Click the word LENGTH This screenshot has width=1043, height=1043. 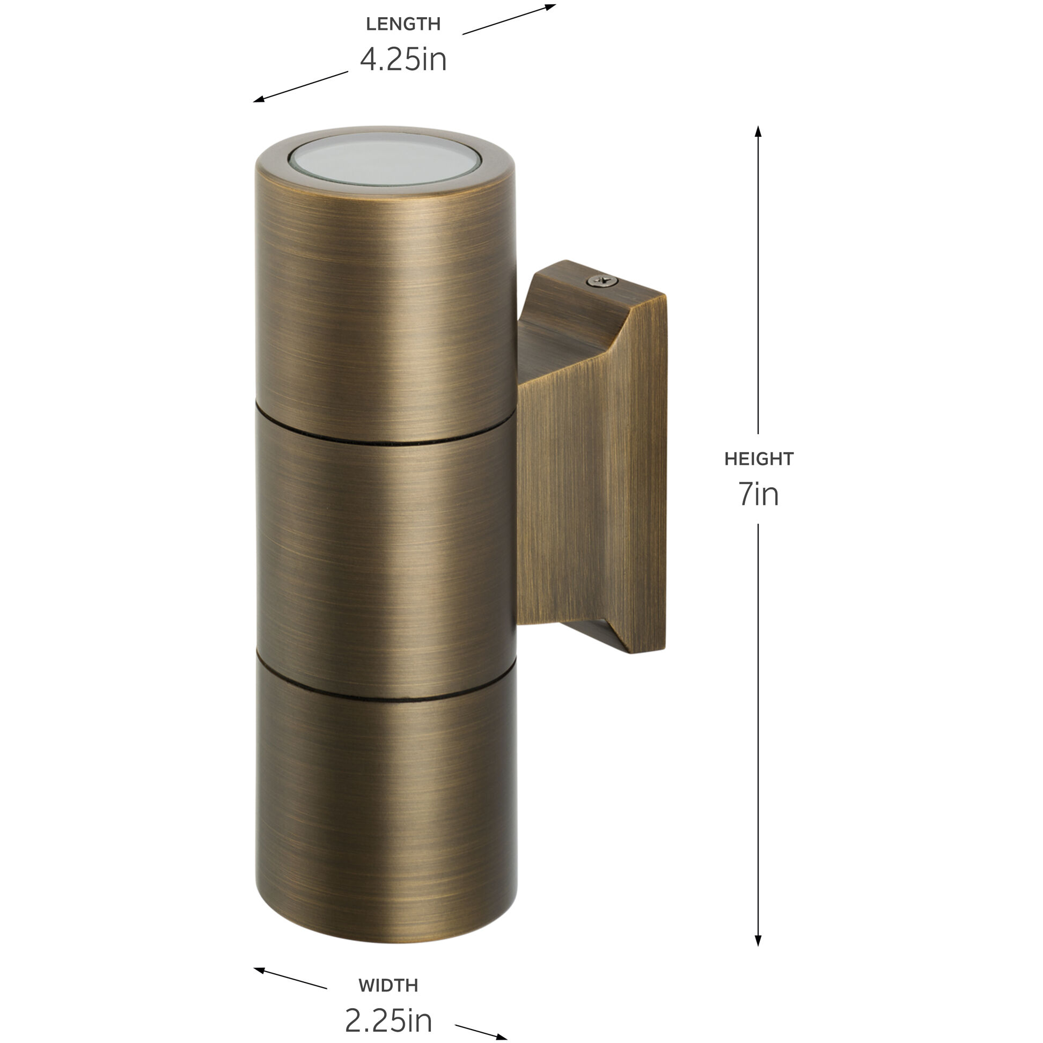(403, 24)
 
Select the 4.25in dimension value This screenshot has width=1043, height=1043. (403, 60)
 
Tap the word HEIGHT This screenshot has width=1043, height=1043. (759, 459)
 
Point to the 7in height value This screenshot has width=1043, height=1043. (759, 494)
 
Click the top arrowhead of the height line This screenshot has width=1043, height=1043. (758, 131)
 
